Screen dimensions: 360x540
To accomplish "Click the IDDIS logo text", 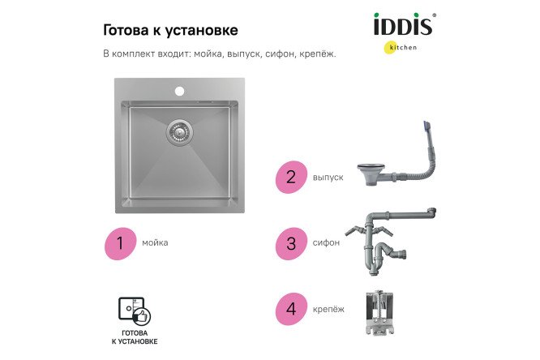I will (404, 24).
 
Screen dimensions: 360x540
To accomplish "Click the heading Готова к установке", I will (170, 31).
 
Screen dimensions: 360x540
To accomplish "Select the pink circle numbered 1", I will (119, 242).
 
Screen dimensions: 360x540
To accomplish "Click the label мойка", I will (155, 242).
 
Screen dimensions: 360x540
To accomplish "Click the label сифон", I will (326, 242).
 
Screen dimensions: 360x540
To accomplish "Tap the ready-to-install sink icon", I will (135, 311).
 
